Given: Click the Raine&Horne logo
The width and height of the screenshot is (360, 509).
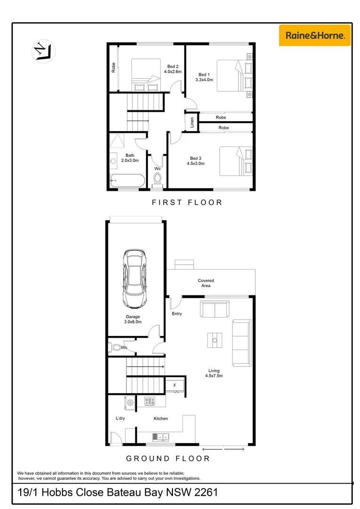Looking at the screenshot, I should click(314, 34).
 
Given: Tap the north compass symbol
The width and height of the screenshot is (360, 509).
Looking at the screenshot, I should click(43, 51).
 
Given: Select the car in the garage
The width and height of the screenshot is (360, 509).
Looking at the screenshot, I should click(134, 278).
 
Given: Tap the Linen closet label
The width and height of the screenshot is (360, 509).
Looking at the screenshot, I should click(192, 123).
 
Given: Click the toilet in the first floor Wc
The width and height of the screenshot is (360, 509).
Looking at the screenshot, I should click(158, 179).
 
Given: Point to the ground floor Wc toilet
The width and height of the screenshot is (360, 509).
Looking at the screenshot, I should click(116, 348).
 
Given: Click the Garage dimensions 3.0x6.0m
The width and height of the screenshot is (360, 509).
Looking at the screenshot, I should click(132, 322).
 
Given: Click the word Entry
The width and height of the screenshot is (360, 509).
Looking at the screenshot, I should click(177, 314).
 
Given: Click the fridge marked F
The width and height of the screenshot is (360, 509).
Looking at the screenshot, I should click(175, 386).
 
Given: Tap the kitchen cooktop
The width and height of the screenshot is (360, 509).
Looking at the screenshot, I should click(150, 401).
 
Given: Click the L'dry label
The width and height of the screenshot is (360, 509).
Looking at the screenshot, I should click(120, 418).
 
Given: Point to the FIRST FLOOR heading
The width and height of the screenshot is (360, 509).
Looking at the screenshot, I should click(187, 202).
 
